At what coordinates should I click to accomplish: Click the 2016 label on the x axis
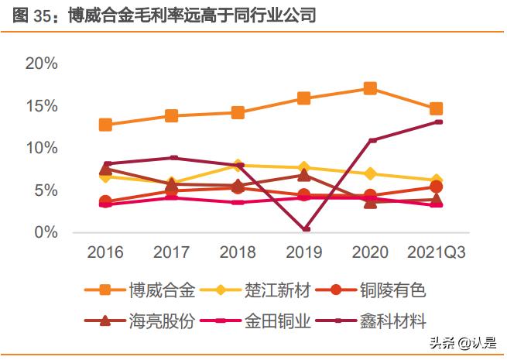coord(105,252)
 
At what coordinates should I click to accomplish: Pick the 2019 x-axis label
coord(304,252)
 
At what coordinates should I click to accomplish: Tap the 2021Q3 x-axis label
coord(436,252)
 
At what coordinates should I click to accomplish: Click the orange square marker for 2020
coord(370,88)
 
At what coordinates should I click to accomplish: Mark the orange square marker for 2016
coord(105,125)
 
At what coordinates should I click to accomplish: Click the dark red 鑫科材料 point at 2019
coord(305,229)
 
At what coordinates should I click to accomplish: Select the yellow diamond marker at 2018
coord(238,166)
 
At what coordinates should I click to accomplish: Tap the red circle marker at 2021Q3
coord(436,187)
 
